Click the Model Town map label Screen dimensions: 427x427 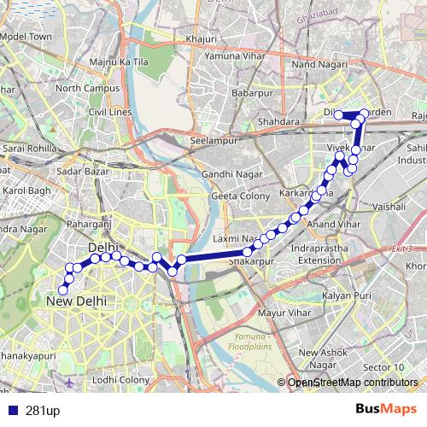coord(26,38)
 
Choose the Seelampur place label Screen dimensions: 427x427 coord(212,140)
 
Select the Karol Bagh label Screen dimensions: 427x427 coord(26,190)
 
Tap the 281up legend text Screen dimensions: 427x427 coord(43,411)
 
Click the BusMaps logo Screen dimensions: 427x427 coord(386,410)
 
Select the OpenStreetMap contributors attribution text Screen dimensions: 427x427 coord(352,383)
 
